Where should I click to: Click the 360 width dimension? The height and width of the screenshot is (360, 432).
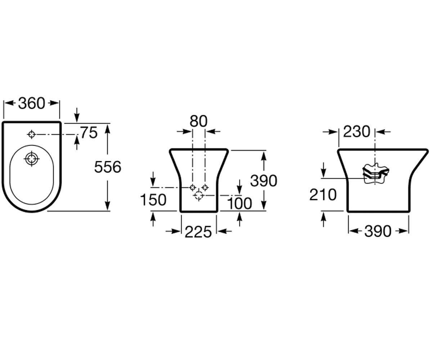31,103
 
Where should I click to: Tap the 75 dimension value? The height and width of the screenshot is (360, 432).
89,132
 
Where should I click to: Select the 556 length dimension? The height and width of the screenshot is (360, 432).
108,167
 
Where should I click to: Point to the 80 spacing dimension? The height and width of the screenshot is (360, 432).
198,121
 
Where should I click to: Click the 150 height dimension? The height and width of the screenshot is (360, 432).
153,200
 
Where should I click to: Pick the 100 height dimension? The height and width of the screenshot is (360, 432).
239,203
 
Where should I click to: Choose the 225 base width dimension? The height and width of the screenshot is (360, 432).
198,232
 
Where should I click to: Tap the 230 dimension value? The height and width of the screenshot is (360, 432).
356,132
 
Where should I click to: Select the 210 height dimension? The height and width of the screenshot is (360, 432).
323,195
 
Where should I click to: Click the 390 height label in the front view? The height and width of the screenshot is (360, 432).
264,181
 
